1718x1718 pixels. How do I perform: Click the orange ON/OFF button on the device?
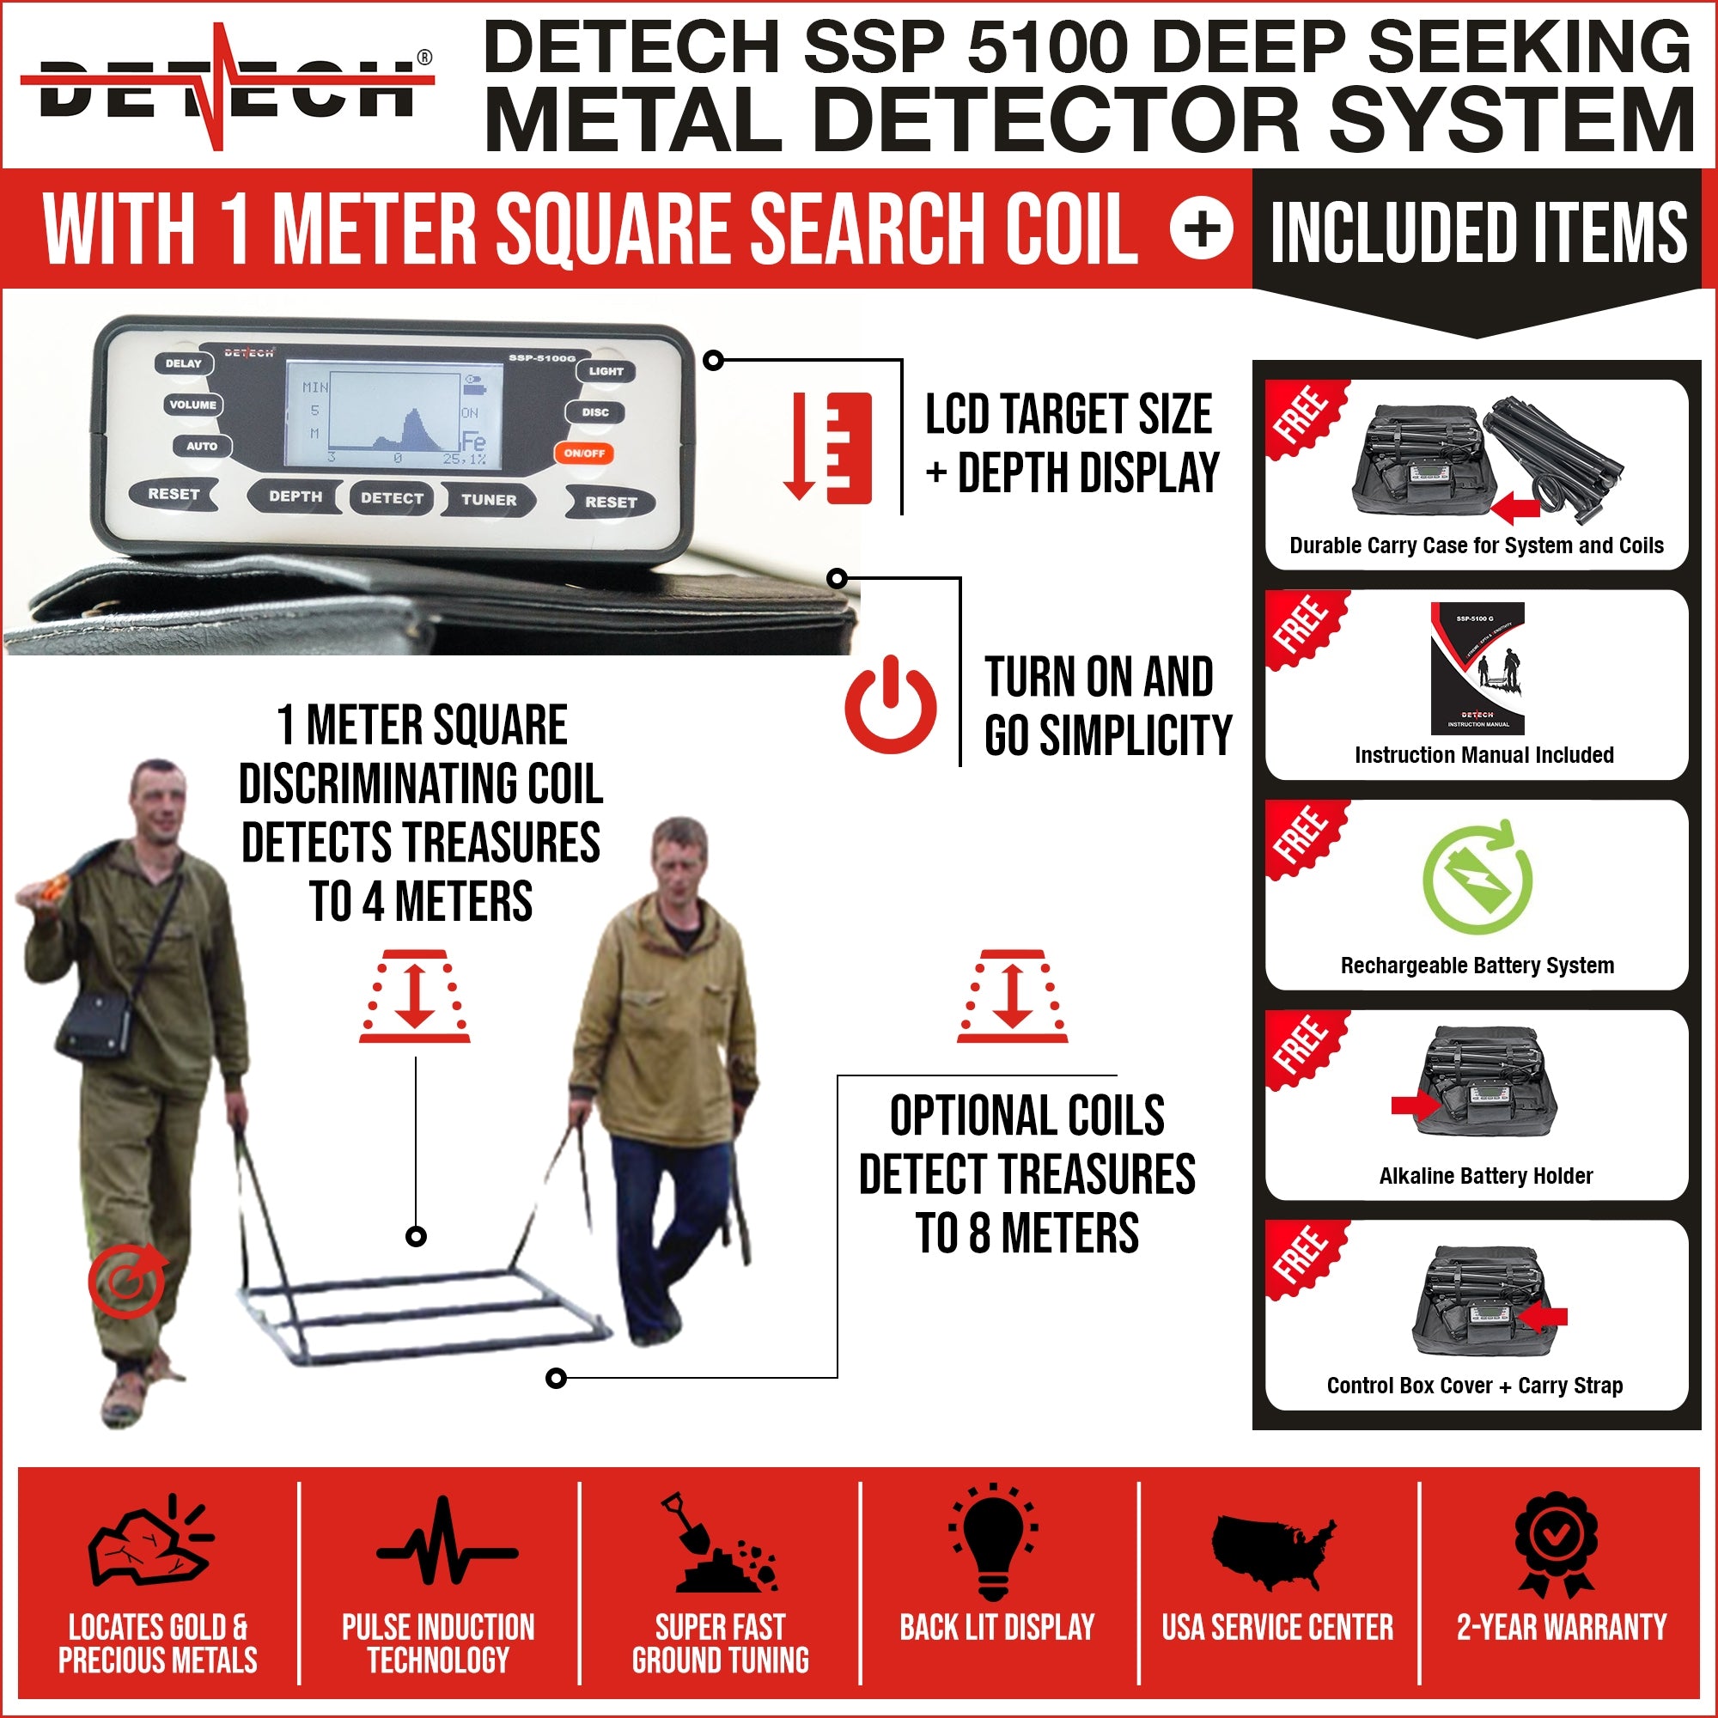click(583, 453)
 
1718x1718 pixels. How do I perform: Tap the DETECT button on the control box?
click(391, 498)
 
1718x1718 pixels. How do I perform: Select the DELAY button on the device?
click(183, 362)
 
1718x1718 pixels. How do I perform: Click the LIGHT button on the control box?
click(606, 371)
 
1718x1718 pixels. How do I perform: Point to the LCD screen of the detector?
click(394, 414)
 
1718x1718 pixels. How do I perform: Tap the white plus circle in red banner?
click(1202, 228)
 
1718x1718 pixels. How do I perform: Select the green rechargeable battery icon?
click(1476, 879)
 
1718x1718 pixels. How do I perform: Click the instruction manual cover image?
click(1477, 667)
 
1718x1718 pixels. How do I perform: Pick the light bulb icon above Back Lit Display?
click(993, 1543)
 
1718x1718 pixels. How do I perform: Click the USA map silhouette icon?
click(1274, 1551)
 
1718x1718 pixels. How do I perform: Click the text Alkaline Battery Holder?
click(1485, 1176)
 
